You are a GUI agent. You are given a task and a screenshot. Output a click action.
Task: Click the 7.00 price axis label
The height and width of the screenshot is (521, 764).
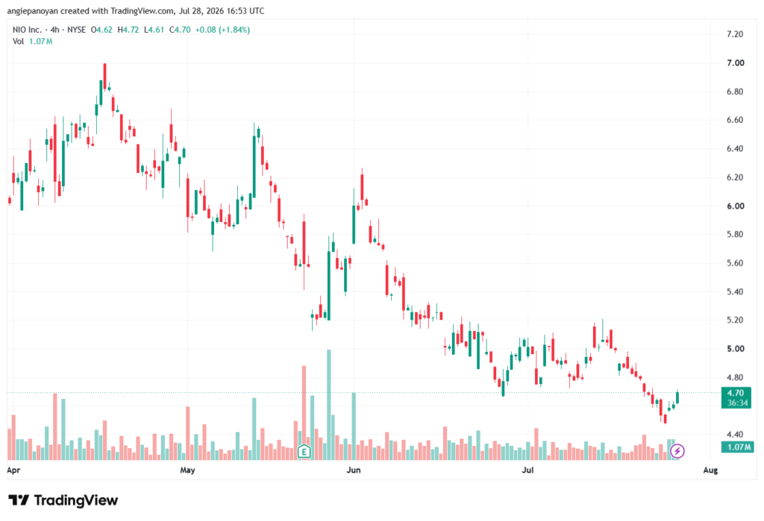point(735,63)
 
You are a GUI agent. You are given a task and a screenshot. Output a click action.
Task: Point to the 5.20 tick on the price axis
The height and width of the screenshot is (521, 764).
point(735,320)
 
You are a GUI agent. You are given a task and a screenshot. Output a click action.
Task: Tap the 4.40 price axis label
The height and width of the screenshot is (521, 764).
point(735,435)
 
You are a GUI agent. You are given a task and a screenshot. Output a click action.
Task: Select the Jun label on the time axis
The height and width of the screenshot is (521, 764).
point(353,470)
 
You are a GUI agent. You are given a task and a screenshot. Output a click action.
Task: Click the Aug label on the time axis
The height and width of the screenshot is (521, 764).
point(710,470)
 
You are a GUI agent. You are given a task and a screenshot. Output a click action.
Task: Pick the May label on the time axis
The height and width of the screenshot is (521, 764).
point(187,470)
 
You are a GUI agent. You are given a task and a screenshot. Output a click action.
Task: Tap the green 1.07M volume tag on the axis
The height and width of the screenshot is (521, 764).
point(738,447)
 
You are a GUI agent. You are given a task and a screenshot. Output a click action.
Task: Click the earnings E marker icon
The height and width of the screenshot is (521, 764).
point(304,452)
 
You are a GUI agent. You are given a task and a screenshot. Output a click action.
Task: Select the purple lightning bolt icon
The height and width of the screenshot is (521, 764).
point(677,452)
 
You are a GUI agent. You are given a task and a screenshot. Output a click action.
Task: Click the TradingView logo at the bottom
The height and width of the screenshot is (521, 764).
point(63,500)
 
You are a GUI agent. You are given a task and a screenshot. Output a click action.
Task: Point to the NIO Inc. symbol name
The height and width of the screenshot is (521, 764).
point(27,30)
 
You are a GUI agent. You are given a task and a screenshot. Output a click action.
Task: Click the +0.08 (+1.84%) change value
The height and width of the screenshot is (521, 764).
point(222,30)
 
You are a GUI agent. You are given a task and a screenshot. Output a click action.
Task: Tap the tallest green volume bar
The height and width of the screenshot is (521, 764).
point(329,405)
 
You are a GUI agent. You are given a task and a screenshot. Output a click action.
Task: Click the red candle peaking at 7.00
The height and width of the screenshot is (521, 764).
point(104,77)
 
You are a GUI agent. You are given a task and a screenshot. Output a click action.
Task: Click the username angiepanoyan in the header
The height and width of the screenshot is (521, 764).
point(33,10)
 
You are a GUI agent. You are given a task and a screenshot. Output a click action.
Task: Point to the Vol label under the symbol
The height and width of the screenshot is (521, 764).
point(18,42)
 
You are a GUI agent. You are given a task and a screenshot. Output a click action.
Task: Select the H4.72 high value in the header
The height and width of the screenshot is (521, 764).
point(128,30)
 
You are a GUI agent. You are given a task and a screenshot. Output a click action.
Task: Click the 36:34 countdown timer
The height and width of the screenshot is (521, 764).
point(737,403)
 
